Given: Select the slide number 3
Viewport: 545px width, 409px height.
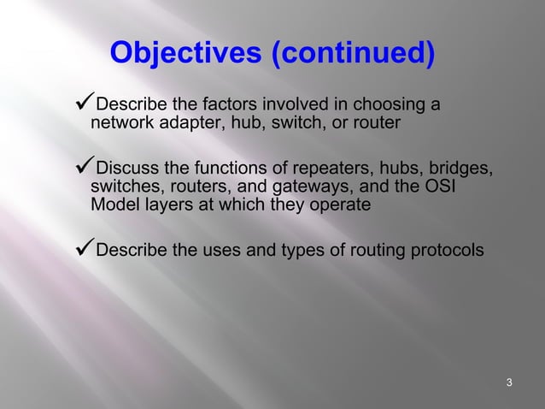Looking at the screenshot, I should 509,382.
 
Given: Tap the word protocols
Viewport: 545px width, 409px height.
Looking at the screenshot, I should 445,252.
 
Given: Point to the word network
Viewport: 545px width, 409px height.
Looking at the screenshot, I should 118,124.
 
